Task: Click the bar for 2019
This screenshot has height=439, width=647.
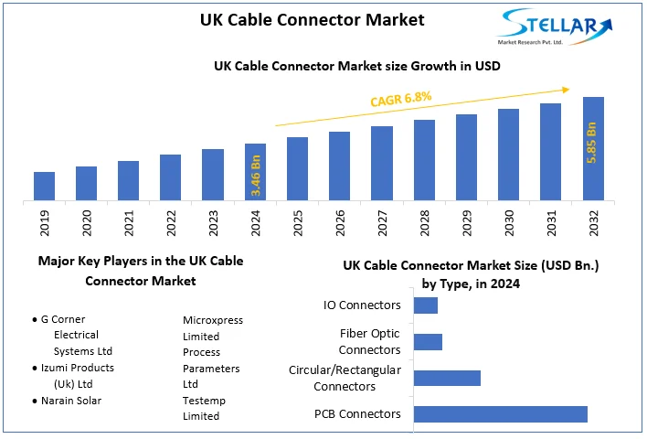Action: coord(44,186)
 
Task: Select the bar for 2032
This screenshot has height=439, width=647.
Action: coord(593,148)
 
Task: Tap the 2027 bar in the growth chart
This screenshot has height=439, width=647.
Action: coord(382,163)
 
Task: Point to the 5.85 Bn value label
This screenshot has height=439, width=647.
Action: coord(592,143)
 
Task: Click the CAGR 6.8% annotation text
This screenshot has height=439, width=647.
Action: coord(400,98)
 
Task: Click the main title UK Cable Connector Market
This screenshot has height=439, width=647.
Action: coord(299,19)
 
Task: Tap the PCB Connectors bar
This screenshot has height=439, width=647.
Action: coord(500,414)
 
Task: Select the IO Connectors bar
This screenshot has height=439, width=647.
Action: coord(425,305)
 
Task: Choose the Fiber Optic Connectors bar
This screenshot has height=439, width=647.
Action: coord(428,342)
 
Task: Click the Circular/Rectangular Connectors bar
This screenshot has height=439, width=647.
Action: coord(447,378)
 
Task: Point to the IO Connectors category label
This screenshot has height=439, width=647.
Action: coord(362,305)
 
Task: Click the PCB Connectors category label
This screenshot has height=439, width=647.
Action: coord(357,414)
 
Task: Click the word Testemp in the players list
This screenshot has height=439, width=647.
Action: coord(204,401)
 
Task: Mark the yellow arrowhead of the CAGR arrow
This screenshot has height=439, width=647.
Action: coord(566,89)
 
